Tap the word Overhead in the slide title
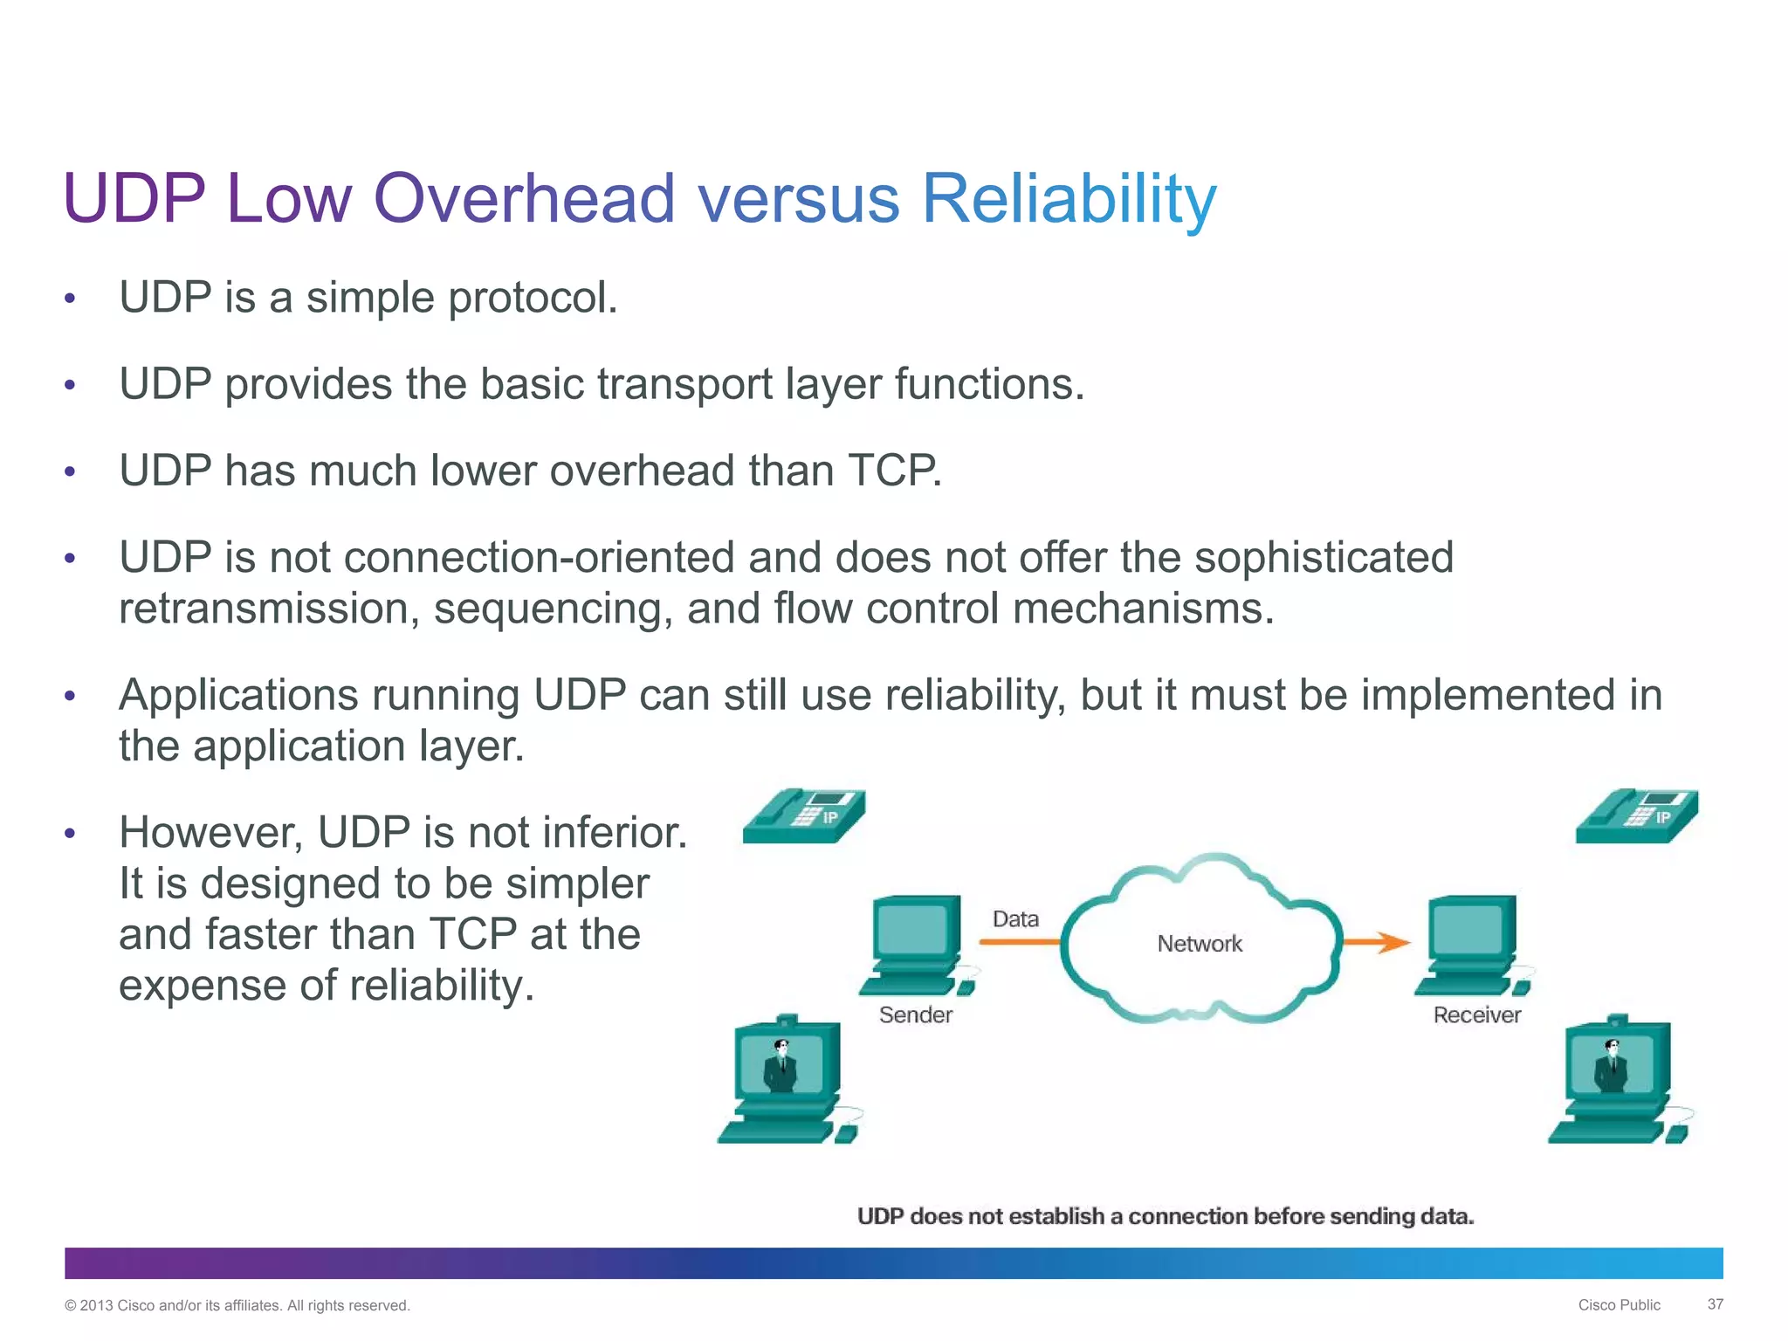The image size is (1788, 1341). pyautogui.click(x=524, y=199)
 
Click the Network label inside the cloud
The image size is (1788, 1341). pyautogui.click(x=1199, y=944)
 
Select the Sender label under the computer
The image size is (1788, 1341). pyautogui.click(x=915, y=1014)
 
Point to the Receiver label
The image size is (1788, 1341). pyautogui.click(x=1476, y=1014)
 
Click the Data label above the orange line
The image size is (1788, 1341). pyautogui.click(x=1015, y=919)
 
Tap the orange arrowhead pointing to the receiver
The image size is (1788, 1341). pyautogui.click(x=1393, y=942)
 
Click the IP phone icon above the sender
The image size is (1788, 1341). pyautogui.click(x=804, y=815)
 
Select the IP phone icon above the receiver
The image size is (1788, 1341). pyautogui.click(x=1637, y=815)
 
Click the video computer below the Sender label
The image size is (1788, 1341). pyautogui.click(x=786, y=1081)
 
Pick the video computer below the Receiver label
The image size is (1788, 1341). pyautogui.click(x=1617, y=1081)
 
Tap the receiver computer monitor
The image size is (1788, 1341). pyautogui.click(x=1472, y=930)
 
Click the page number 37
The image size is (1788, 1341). pyautogui.click(x=1715, y=1304)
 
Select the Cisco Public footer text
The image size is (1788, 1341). pyautogui.click(x=1619, y=1305)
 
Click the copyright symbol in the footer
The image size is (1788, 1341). pyautogui.click(x=71, y=1306)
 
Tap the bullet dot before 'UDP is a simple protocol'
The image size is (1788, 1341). pyautogui.click(x=71, y=299)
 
